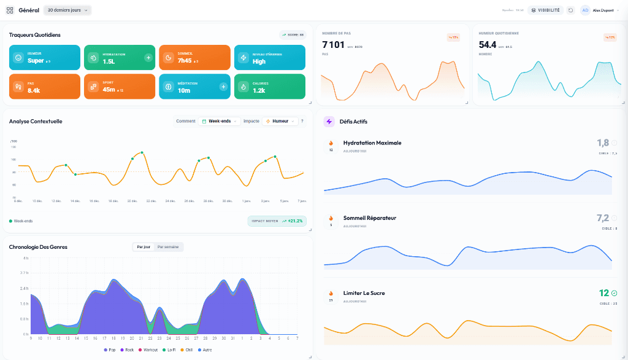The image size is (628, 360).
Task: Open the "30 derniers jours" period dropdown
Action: click(67, 10)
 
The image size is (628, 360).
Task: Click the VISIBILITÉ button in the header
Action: click(545, 10)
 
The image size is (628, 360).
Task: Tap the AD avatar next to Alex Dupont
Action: click(585, 10)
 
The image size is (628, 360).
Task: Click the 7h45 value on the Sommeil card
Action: click(185, 61)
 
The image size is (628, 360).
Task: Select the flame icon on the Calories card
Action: click(243, 87)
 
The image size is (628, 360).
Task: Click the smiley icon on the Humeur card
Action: click(18, 58)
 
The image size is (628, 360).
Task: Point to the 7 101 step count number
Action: click(333, 44)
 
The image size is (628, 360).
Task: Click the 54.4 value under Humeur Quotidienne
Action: click(488, 44)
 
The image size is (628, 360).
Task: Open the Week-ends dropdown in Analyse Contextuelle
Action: click(219, 121)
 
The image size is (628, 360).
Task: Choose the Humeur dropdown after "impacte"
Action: click(280, 121)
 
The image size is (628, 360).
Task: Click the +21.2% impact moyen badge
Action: click(277, 221)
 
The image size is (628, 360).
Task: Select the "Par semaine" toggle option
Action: click(168, 247)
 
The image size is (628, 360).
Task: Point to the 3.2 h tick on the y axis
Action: click(25, 273)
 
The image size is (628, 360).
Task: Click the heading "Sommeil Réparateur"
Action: click(369, 218)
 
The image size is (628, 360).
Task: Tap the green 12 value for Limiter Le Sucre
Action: click(603, 293)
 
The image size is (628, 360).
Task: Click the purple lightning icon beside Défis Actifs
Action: click(329, 122)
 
